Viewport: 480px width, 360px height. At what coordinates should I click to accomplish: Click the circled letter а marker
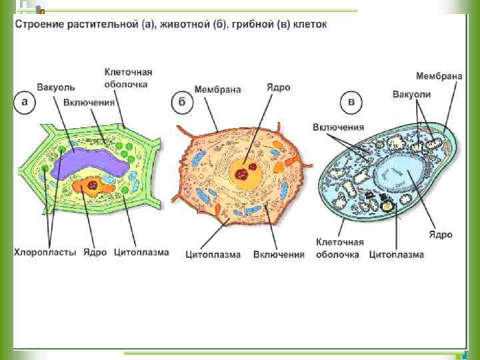25,103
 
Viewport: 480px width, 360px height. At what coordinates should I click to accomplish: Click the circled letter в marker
351,103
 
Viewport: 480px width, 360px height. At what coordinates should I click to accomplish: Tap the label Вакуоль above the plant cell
56,87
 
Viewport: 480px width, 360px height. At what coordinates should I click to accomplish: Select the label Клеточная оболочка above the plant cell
128,78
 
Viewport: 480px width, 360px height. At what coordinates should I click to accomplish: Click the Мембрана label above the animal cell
217,89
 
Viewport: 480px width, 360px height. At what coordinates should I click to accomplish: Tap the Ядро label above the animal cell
278,87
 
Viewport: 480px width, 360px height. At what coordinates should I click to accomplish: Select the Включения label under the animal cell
279,254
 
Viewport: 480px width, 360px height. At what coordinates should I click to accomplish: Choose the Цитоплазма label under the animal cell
213,254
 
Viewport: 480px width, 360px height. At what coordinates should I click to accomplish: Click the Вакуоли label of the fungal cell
411,95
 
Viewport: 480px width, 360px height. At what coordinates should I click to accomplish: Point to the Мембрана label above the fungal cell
439,76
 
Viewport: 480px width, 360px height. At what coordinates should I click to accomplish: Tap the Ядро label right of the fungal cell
441,235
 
